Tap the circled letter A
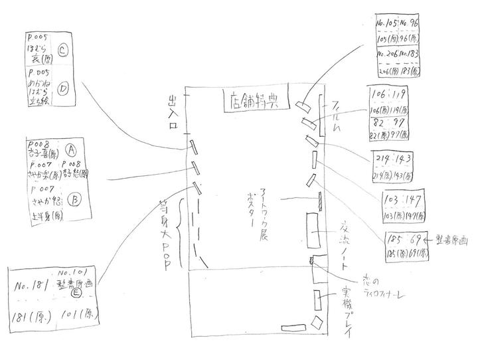71,150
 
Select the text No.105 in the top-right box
387,24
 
